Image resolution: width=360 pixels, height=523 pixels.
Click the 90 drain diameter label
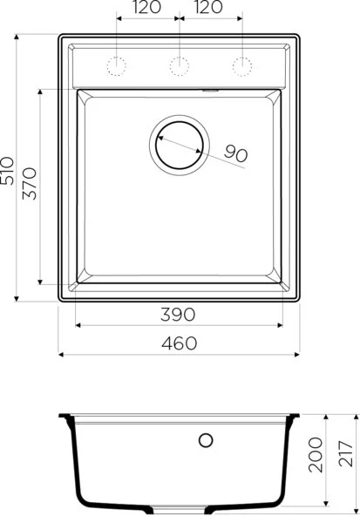click(x=236, y=153)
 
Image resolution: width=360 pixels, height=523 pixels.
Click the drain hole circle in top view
click(x=179, y=142)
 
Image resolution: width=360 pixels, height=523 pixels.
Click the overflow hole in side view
click(x=207, y=440)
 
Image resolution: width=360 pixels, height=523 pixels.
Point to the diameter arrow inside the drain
click(x=180, y=143)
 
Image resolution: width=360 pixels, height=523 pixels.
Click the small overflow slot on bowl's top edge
click(x=210, y=88)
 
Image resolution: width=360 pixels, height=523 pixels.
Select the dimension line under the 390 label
click(x=178, y=325)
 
